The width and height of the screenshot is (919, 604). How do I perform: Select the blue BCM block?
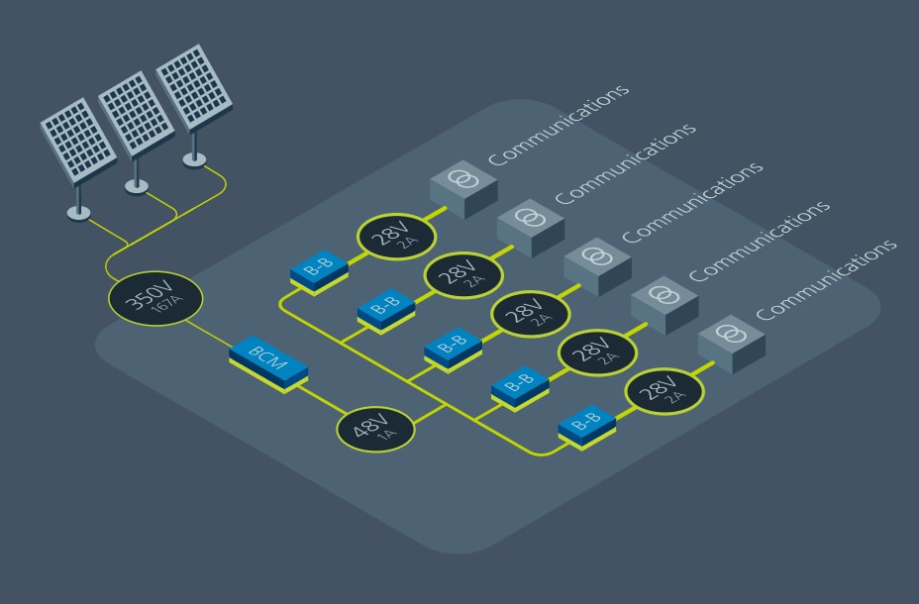[x=268, y=365]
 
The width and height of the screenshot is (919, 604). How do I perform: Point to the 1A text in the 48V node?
[x=388, y=436]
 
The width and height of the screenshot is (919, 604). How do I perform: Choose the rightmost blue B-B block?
[x=586, y=423]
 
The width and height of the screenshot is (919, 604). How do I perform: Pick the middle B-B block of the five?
[x=452, y=348]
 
